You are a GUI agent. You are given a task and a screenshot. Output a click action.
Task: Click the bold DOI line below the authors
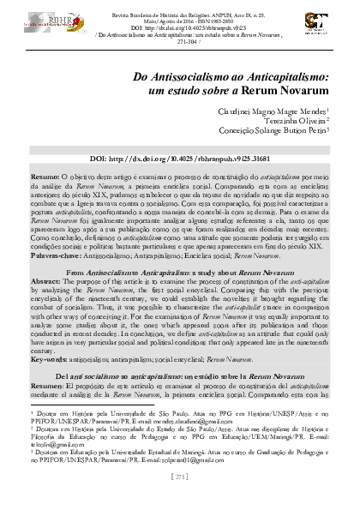(x=179, y=160)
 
